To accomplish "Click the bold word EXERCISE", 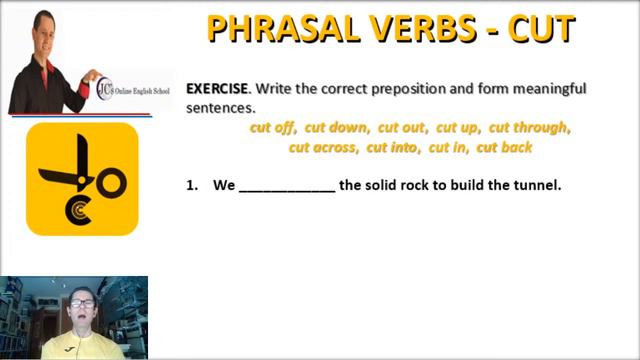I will [217, 89].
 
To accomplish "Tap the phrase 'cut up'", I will [458, 128].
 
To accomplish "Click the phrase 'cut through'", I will [529, 128].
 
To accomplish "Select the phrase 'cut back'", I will [504, 147].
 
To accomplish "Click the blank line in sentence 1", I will [287, 186].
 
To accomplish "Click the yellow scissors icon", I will [82, 179].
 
